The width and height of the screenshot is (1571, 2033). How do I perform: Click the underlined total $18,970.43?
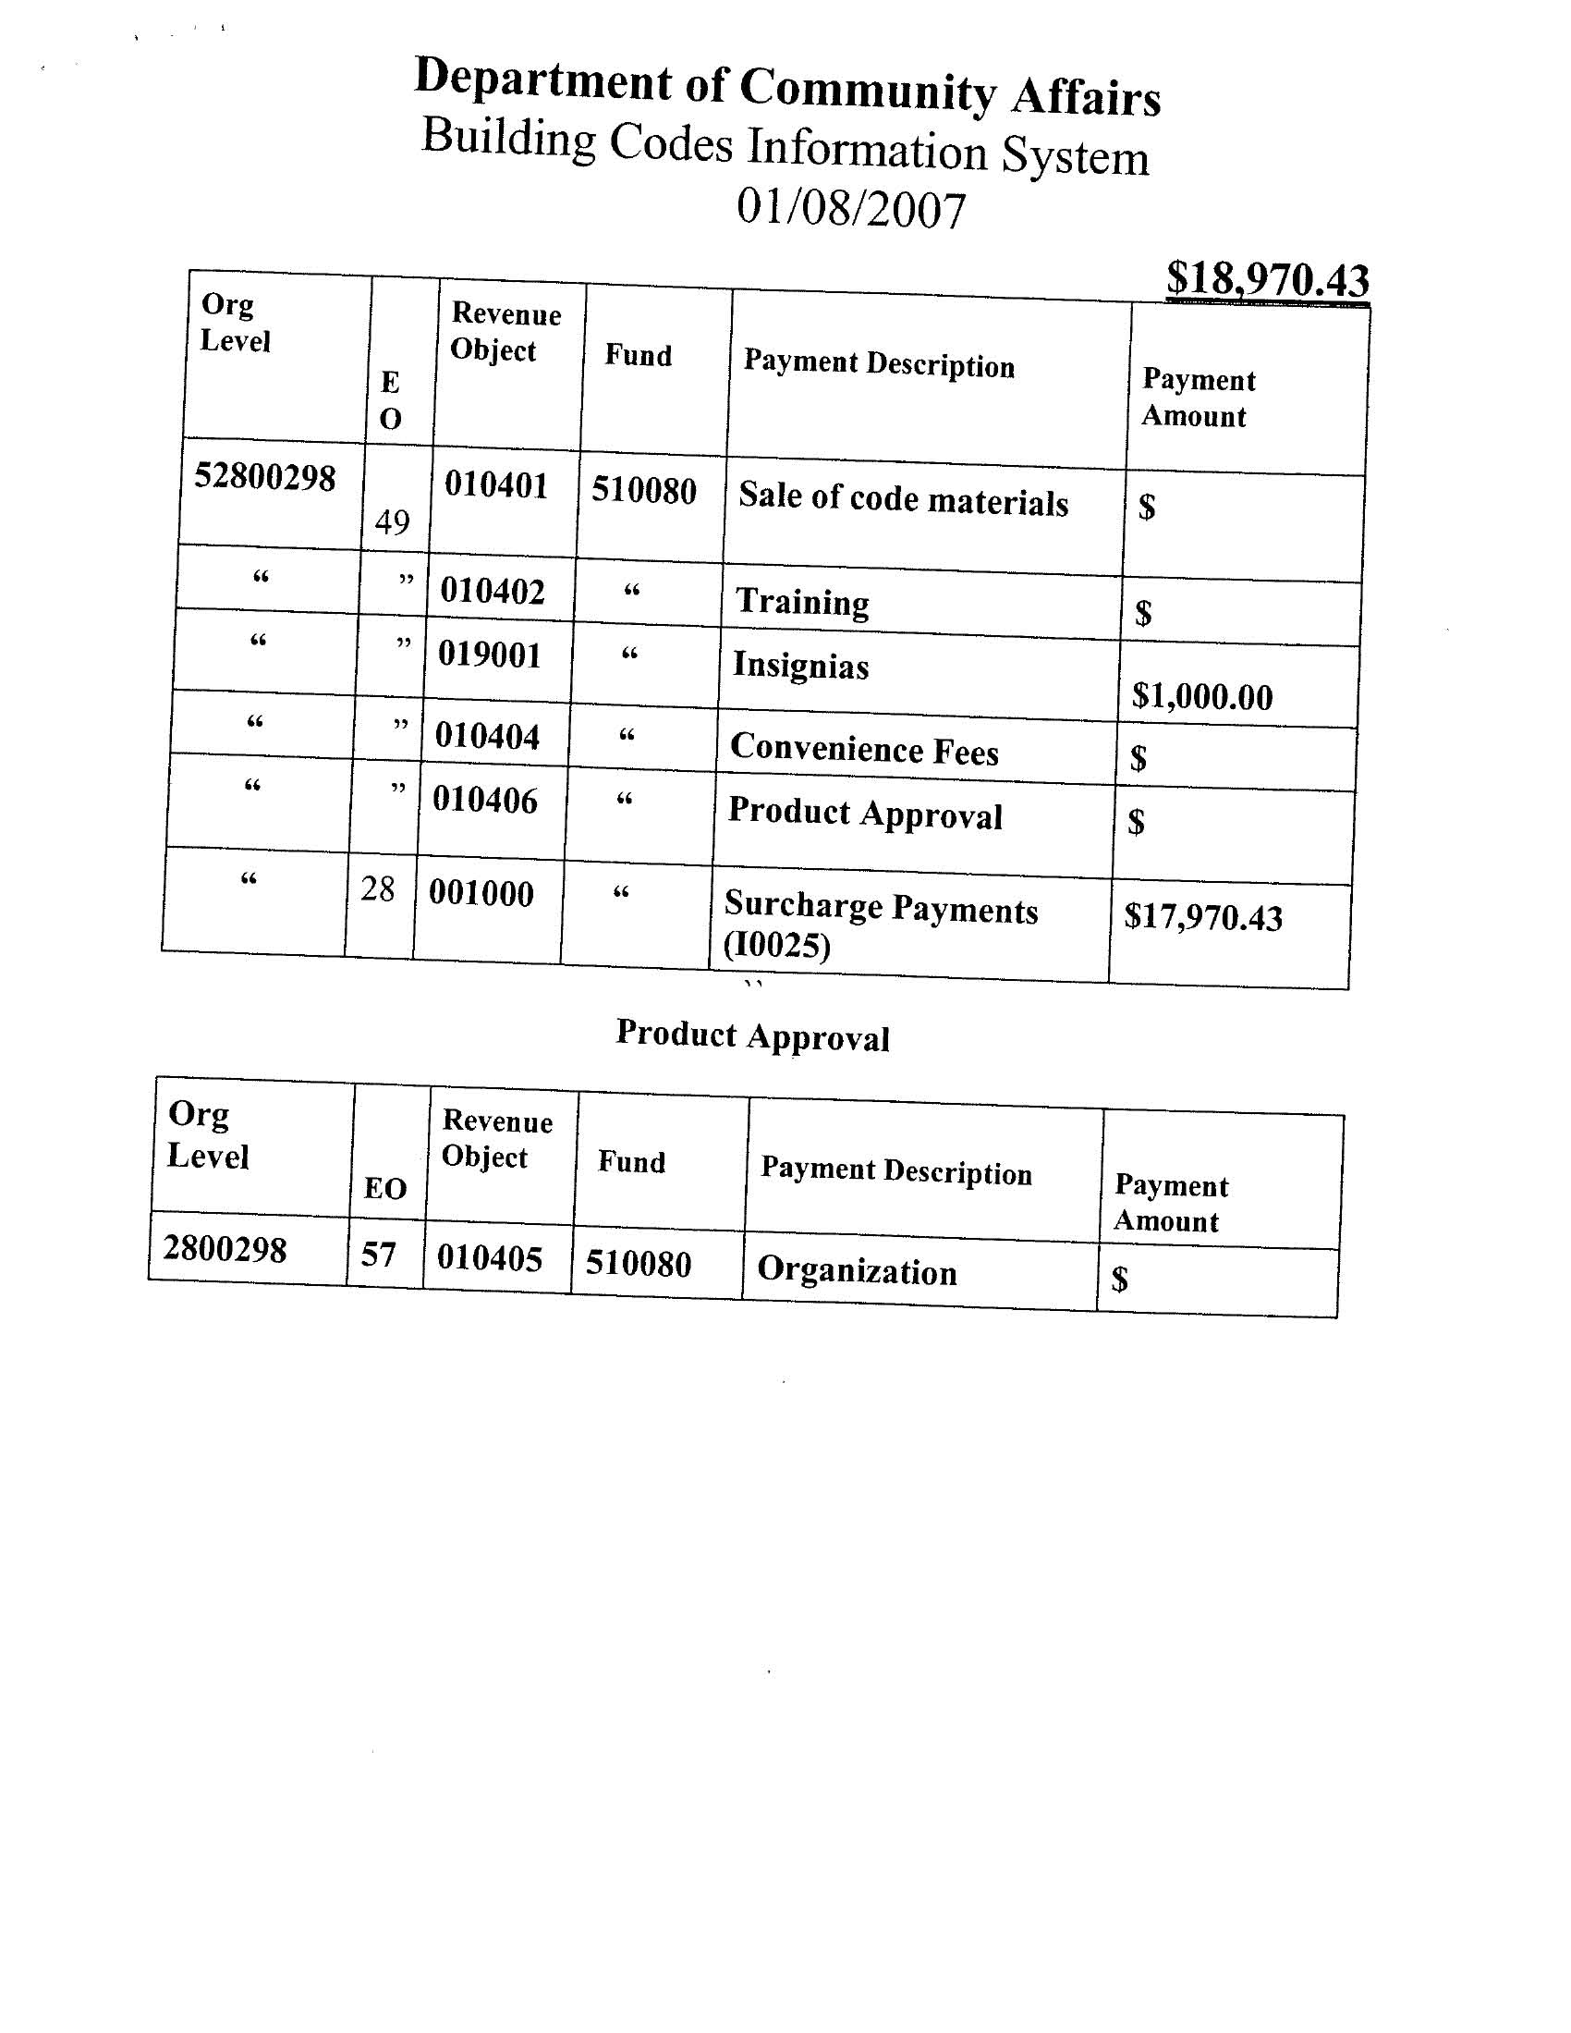pos(1267,278)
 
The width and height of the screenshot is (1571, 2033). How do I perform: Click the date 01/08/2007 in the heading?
pos(850,208)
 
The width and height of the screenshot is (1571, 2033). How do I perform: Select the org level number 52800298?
pos(264,478)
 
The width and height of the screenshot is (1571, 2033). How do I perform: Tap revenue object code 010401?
pos(496,485)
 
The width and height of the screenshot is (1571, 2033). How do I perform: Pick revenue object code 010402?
pos(493,591)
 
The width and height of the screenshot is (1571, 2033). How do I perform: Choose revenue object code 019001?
pos(490,655)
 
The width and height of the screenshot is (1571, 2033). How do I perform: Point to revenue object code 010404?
pos(487,736)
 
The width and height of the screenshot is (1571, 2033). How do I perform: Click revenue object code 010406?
pos(485,800)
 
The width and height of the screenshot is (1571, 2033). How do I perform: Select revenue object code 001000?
pos(481,894)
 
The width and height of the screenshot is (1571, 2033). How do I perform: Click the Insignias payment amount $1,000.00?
pos(1201,696)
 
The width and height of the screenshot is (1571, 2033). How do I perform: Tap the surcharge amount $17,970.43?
pos(1202,917)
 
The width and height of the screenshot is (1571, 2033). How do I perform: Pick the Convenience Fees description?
pos(864,749)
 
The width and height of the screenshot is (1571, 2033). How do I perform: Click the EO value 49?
pos(392,522)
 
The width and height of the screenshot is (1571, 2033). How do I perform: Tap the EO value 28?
pos(378,889)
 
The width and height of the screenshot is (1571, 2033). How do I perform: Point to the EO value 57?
pos(379,1255)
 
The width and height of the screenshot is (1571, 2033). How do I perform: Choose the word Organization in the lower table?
pos(857,1271)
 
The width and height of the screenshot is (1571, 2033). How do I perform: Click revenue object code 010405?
pos(490,1258)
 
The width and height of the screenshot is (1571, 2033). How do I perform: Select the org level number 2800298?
pos(225,1248)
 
